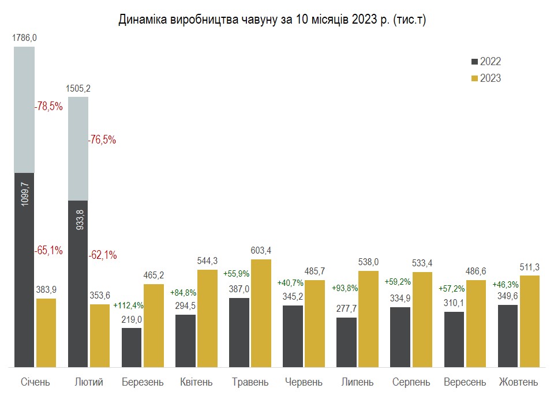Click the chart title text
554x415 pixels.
click(x=272, y=20)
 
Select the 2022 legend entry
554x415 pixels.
click(x=486, y=62)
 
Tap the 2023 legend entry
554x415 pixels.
click(x=486, y=78)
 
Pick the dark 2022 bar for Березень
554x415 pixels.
click(x=132, y=347)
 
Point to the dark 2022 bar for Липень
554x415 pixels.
click(x=346, y=342)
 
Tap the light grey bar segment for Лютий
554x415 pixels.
click(x=78, y=149)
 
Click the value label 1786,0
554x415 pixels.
click(x=24, y=37)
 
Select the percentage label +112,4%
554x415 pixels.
click(x=128, y=305)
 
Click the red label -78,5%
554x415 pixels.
click(x=48, y=107)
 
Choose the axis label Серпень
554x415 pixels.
click(x=411, y=382)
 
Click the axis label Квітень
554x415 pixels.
click(x=196, y=382)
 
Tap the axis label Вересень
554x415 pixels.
click(x=465, y=382)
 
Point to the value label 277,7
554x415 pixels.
click(x=346, y=308)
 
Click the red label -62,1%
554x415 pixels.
click(x=102, y=255)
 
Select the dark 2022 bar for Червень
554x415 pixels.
click(x=293, y=336)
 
